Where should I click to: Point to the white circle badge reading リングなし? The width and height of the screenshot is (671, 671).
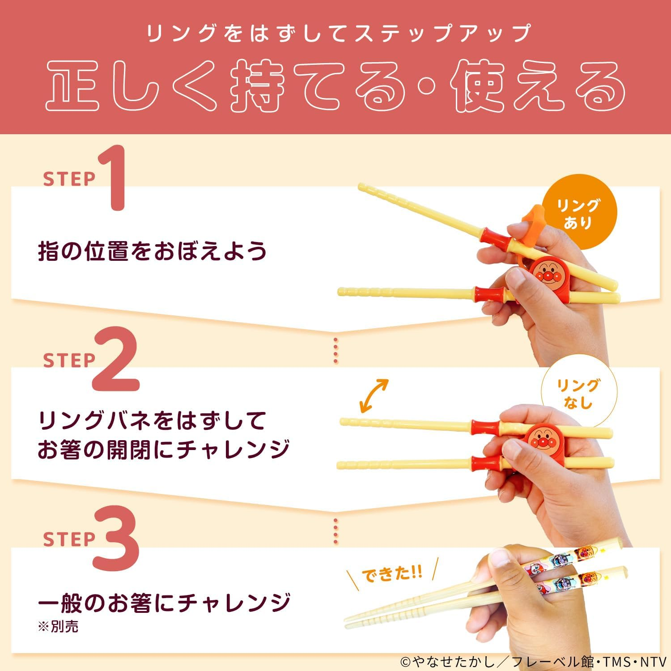(578, 394)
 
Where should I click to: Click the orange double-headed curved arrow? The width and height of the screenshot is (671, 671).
(374, 395)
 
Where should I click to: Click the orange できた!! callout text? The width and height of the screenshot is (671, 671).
(391, 573)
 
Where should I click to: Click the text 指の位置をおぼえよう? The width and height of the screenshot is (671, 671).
(152, 251)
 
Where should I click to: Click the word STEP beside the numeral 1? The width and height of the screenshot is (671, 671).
(69, 179)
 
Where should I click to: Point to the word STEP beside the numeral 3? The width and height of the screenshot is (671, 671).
(69, 539)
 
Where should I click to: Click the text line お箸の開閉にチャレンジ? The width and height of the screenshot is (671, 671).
(163, 449)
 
